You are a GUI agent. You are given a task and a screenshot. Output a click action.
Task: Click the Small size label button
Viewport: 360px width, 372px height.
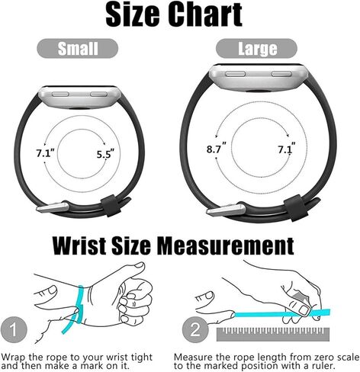pyautogui.click(x=79, y=49)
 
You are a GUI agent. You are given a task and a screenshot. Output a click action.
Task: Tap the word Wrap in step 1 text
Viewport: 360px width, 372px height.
pyautogui.click(x=14, y=356)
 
